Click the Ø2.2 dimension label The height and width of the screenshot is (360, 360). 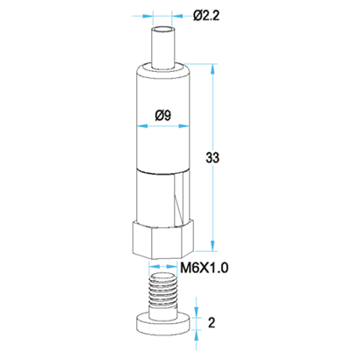pyautogui.click(x=206, y=15)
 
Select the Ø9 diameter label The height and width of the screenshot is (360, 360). pyautogui.click(x=162, y=116)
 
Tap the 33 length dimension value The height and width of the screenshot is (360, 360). pyautogui.click(x=212, y=158)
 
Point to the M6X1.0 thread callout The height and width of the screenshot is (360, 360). pyautogui.click(x=205, y=268)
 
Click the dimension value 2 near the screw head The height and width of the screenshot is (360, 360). pyautogui.click(x=212, y=322)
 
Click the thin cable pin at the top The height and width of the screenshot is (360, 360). pyautogui.click(x=163, y=48)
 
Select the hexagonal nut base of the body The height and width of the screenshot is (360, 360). pyautogui.click(x=163, y=240)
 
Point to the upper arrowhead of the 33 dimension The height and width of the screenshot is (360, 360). pyautogui.click(x=212, y=68)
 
